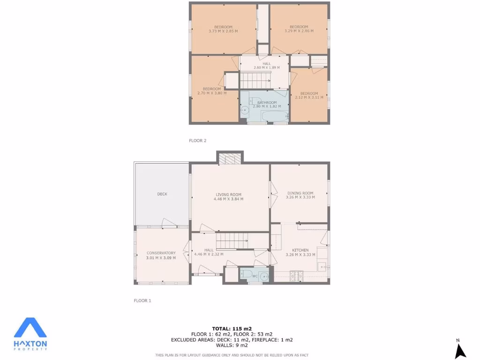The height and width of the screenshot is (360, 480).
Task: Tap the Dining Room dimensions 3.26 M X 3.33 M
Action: [x=300, y=197]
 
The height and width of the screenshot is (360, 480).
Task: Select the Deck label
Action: [x=162, y=194]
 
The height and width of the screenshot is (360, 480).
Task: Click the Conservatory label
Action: [x=161, y=253]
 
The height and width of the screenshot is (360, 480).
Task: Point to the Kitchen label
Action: [x=300, y=250]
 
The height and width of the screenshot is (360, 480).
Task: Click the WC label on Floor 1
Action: [x=255, y=276]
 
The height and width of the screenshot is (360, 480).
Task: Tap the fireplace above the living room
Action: [x=230, y=159]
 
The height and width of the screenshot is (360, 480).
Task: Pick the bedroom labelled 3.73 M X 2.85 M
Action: [x=223, y=29]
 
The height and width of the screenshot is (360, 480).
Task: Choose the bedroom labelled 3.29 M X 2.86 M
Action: [x=299, y=29]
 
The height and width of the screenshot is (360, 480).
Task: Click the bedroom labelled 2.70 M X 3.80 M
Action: [x=212, y=91]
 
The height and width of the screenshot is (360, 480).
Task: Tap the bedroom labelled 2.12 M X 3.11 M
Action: [x=309, y=95]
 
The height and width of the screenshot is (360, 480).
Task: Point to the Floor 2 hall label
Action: [x=266, y=64]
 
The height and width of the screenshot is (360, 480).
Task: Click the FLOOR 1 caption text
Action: [x=142, y=300]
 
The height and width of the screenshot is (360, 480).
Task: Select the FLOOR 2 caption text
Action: [x=197, y=140]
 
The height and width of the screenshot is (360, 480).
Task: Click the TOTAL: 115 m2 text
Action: [x=232, y=328]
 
